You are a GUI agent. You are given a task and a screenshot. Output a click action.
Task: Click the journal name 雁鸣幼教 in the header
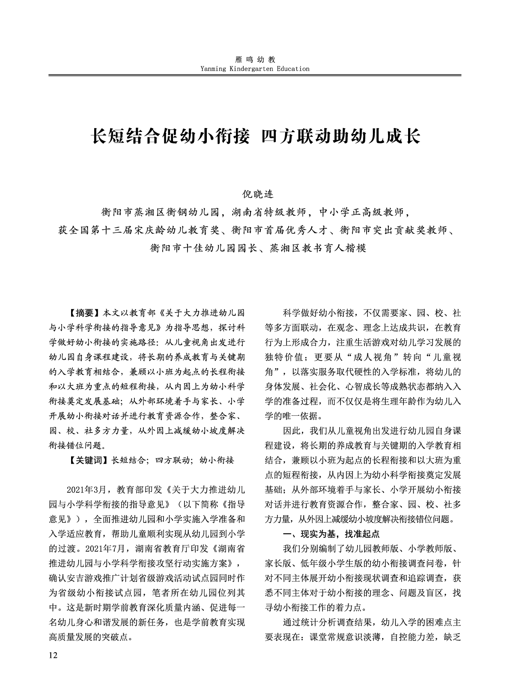[x=254, y=60]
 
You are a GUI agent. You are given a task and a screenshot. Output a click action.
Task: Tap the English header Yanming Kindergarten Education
[x=254, y=69]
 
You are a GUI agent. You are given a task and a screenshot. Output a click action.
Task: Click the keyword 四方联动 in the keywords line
[x=172, y=460]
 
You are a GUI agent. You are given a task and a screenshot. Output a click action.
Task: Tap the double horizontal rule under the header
[x=255, y=75]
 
